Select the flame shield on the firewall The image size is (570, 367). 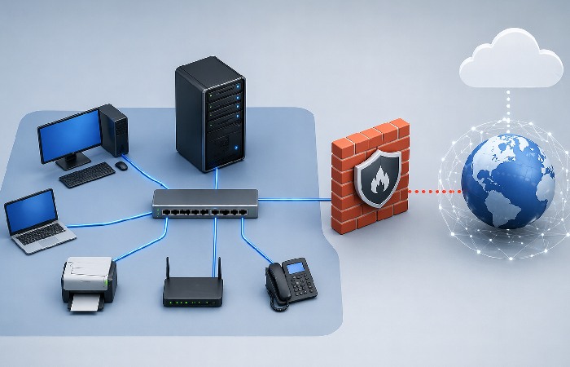[376, 179]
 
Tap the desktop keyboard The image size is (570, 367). [87, 175]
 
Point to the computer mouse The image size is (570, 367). [121, 166]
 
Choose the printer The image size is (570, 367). [89, 279]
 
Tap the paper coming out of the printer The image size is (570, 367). [85, 303]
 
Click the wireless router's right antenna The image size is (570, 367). [218, 269]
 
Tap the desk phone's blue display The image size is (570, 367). [295, 266]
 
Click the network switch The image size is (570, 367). [205, 203]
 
